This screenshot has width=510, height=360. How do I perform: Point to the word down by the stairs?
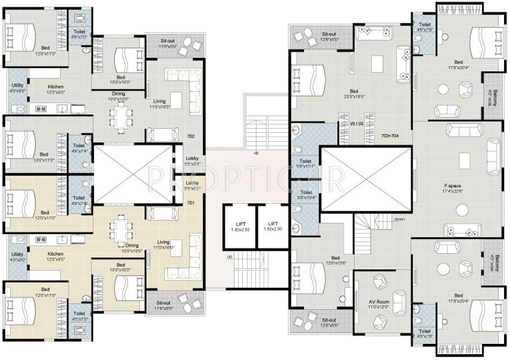399,219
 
